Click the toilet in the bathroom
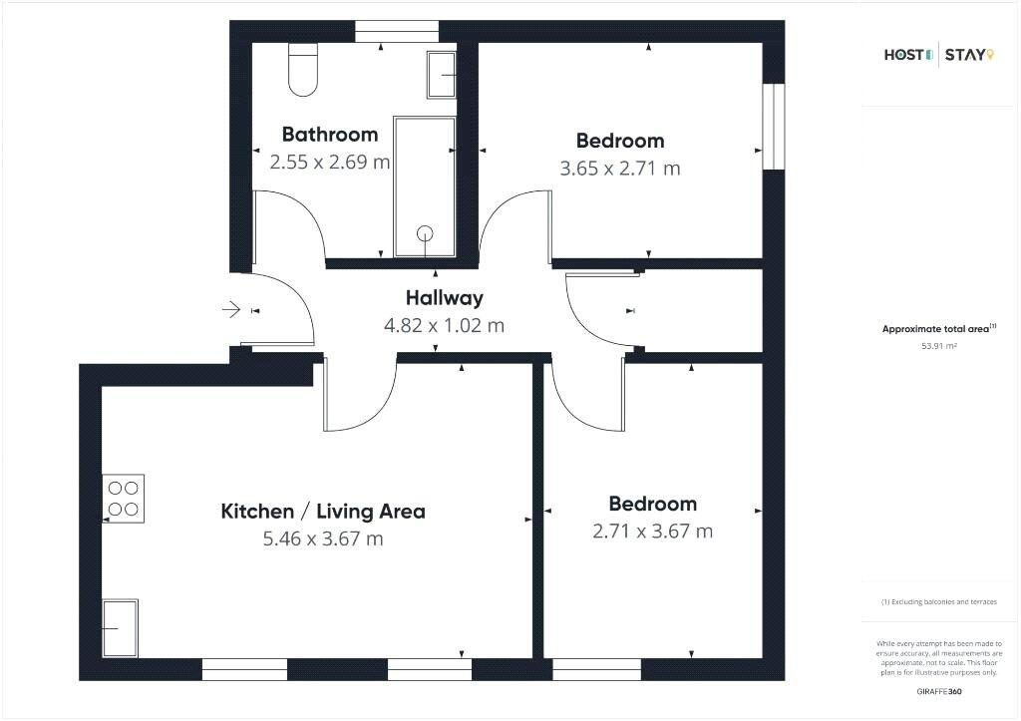[302, 70]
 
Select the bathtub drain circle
[426, 234]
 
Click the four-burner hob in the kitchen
[124, 499]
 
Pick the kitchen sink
[120, 628]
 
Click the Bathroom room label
[329, 134]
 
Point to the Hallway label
[444, 297]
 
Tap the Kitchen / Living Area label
[322, 512]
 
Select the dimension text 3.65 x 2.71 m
[620, 169]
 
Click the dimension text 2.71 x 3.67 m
[652, 532]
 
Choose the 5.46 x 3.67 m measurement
[322, 540]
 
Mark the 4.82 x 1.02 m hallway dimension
[444, 325]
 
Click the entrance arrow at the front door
[230, 310]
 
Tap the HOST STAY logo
[938, 55]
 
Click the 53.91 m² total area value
[938, 346]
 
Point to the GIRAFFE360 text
[938, 690]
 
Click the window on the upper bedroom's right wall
[774, 127]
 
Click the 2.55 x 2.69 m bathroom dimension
[329, 162]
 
